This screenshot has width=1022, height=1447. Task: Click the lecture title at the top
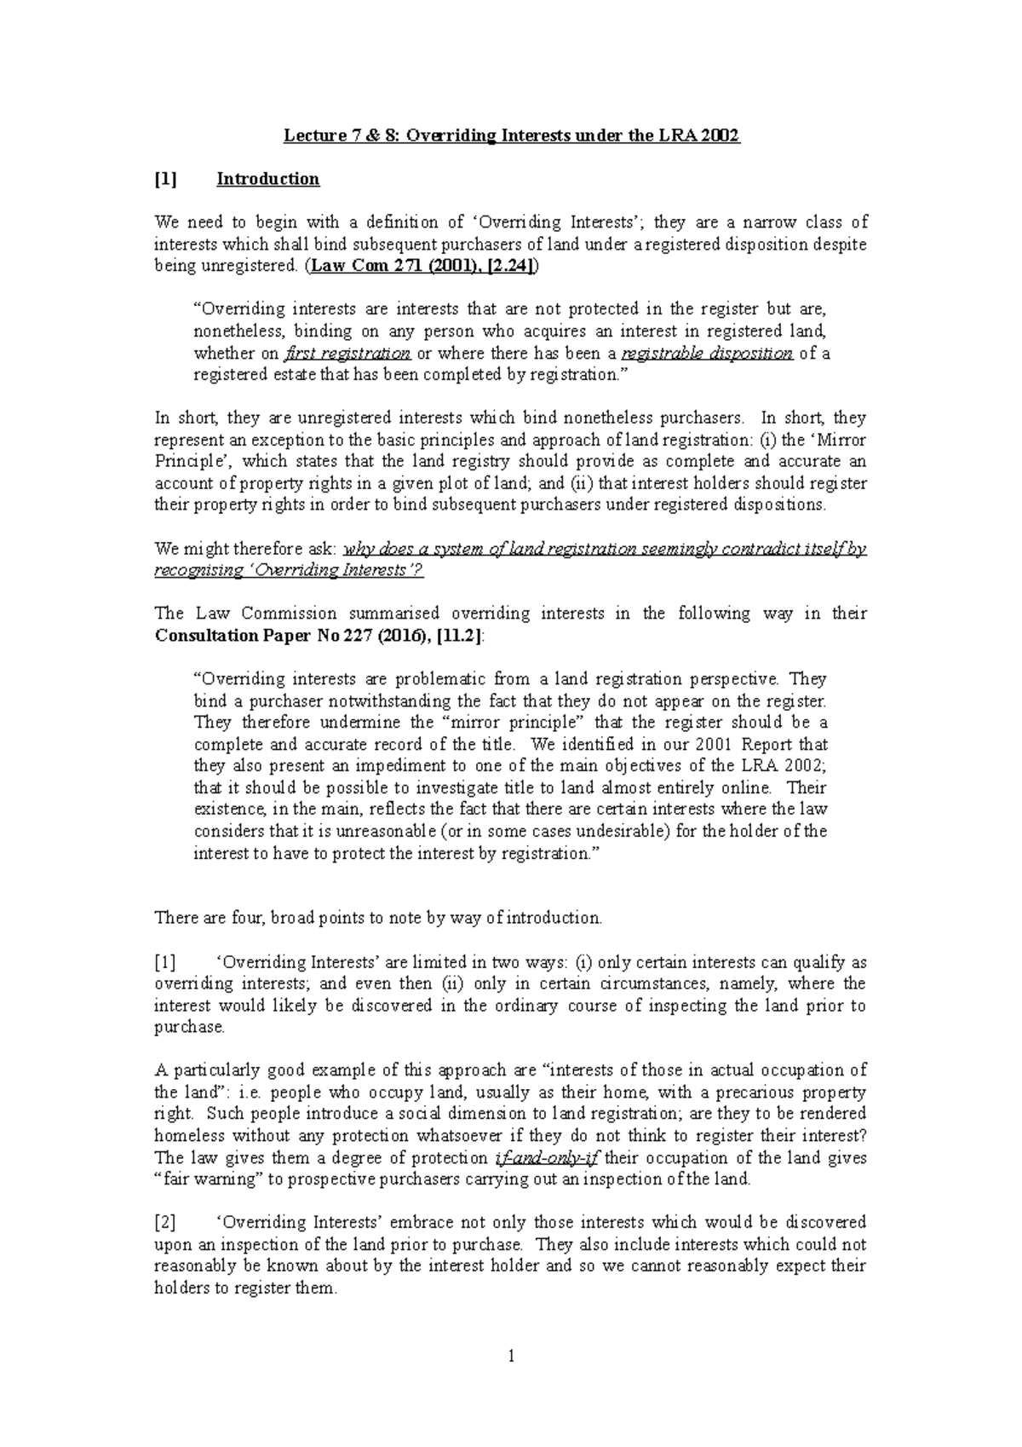pos(511,135)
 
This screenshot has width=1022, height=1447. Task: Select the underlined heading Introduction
pos(267,179)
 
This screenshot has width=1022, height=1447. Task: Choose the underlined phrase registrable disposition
pos(709,354)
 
